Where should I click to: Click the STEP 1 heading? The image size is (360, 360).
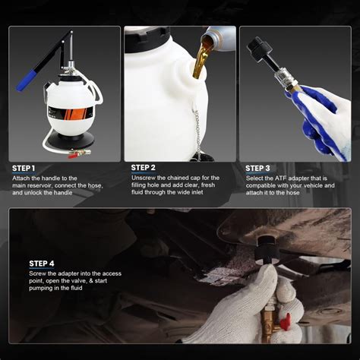[24, 169]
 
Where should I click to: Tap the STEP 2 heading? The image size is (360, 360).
[143, 168]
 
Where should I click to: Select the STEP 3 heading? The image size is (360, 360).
[257, 169]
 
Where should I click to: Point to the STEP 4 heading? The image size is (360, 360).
[42, 264]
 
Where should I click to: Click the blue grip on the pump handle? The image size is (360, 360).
[27, 81]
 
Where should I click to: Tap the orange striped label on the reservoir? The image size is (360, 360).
[71, 113]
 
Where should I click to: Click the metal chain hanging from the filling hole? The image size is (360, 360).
[197, 131]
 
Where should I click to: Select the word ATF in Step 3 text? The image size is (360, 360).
[280, 178]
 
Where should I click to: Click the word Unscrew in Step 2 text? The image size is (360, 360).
[143, 178]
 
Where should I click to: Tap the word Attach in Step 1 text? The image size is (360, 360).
[21, 178]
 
